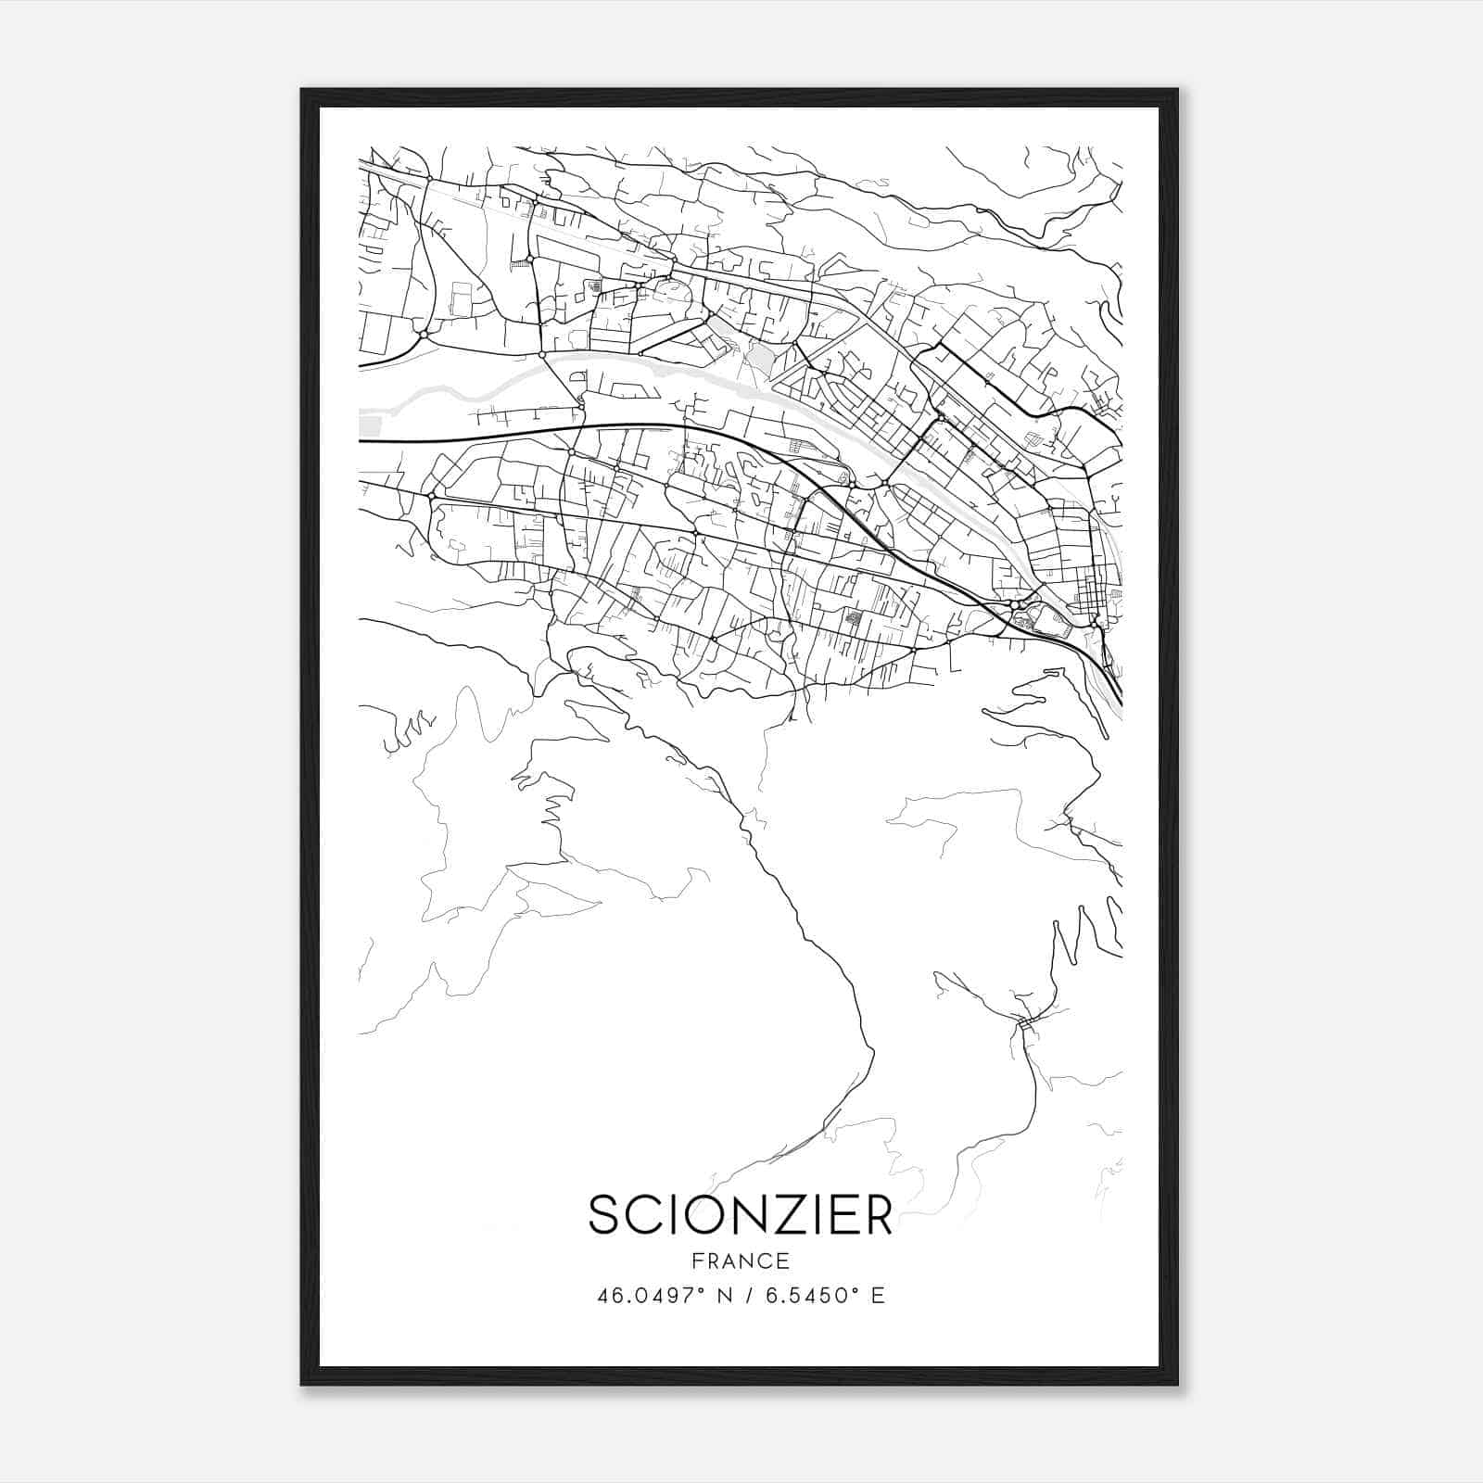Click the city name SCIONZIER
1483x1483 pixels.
[740, 1214]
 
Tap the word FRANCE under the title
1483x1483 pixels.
[740, 1261]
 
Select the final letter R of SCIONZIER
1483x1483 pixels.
[876, 1214]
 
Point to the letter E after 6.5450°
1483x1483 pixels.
[878, 1295]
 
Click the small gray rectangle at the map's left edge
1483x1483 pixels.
[369, 426]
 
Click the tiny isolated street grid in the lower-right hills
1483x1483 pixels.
[1025, 1024]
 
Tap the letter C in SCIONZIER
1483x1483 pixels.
[644, 1214]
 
